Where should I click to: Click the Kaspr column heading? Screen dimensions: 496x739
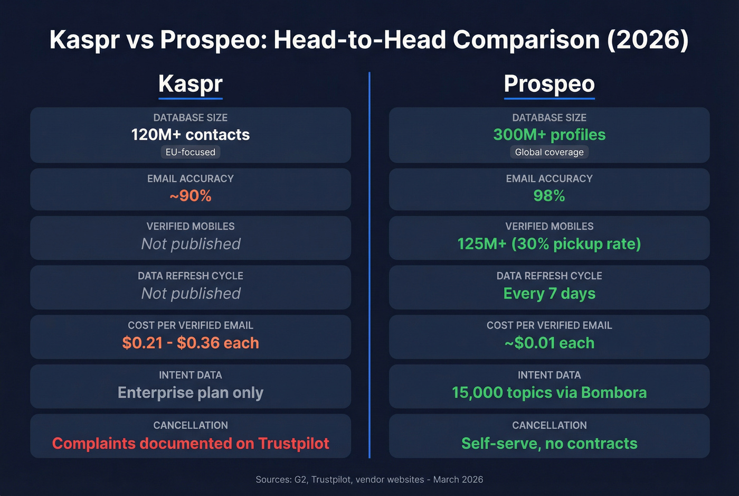[191, 83]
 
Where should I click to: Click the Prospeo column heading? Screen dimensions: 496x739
[549, 83]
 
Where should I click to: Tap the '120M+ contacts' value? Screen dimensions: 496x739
[191, 135]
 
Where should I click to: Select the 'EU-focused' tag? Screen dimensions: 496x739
[191, 152]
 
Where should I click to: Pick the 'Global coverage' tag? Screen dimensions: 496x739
[549, 152]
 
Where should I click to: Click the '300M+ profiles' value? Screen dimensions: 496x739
[549, 135]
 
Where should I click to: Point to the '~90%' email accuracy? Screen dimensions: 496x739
[191, 196]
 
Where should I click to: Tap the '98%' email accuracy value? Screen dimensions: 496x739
[549, 196]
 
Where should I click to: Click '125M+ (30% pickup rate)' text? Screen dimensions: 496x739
[549, 244]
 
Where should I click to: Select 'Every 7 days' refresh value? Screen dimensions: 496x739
[549, 293]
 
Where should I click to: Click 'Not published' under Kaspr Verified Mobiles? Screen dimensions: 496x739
[191, 244]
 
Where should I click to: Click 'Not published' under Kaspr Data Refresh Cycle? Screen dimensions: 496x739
[191, 293]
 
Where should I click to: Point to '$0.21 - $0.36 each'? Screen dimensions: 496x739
[191, 343]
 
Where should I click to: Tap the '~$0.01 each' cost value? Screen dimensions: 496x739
[549, 343]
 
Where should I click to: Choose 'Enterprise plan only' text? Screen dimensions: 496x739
[191, 392]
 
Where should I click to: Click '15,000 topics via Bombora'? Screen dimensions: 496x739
[549, 392]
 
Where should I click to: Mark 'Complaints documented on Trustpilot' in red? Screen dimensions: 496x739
[191, 443]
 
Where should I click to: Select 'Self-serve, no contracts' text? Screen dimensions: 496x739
[549, 443]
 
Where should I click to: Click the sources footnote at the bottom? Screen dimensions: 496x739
[369, 480]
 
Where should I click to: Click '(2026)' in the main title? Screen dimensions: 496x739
[648, 40]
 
